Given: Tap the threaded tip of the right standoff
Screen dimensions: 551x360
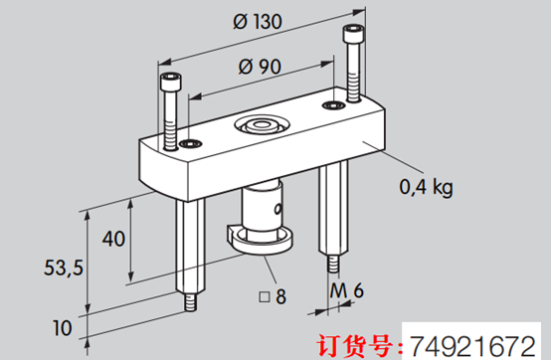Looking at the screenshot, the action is click(x=331, y=267).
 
